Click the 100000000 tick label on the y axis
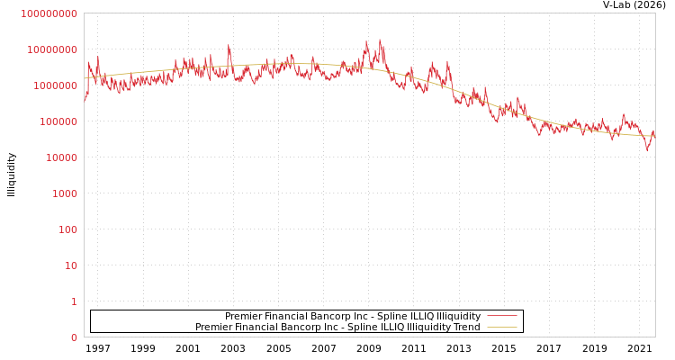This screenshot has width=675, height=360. pos(49,13)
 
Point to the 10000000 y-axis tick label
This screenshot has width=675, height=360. pos(51,49)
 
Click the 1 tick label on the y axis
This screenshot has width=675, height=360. pos(74,301)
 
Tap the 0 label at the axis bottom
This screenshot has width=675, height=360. pos(74,337)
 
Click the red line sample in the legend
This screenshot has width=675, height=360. pos(501,316)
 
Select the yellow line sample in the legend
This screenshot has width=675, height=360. pos(501,327)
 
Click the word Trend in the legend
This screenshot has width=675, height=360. pos(465,327)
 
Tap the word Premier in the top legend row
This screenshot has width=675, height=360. pos(244,316)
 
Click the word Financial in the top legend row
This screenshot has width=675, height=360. pos(287,316)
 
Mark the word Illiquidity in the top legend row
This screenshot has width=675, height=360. pos(459,316)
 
